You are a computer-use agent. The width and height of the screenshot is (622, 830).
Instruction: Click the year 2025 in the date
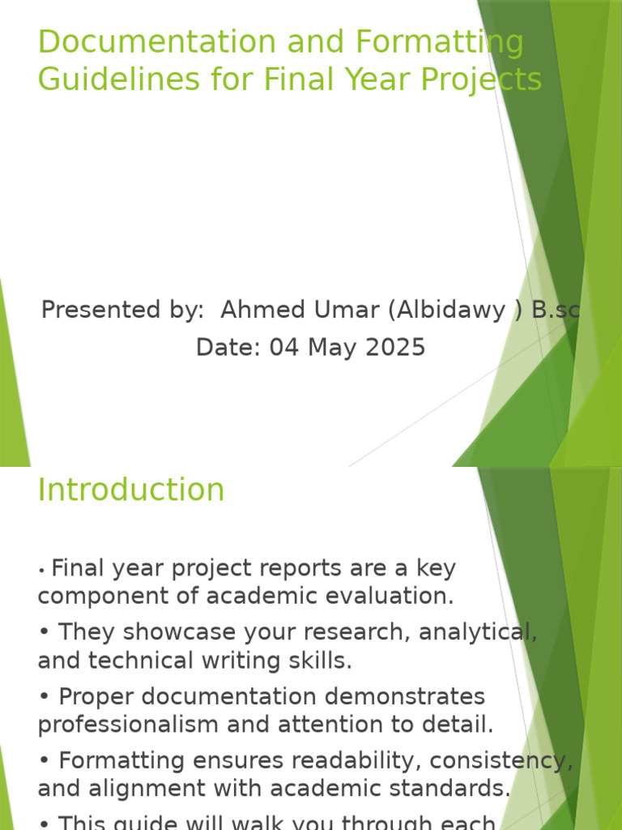(x=394, y=348)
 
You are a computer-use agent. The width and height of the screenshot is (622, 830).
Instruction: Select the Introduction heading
(x=131, y=490)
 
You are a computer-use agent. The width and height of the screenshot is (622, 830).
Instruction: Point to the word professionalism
(x=130, y=724)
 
